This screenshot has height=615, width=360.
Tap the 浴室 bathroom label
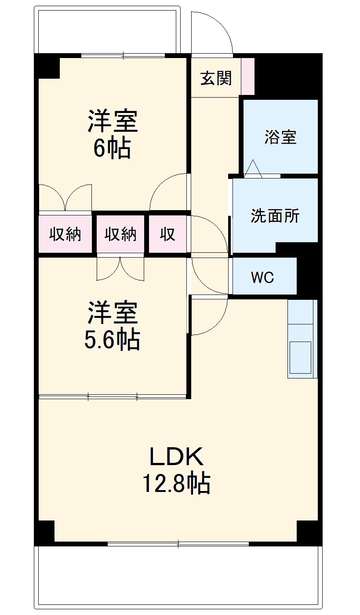[280, 137]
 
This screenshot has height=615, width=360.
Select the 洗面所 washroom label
[275, 216]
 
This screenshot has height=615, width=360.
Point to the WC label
[262, 277]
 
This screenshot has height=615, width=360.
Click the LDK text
[177, 457]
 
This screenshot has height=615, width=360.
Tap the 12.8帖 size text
[175, 483]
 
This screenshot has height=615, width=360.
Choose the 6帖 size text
[112, 149]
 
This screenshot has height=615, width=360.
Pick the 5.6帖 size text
[112, 339]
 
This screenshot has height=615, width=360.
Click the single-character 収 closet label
[167, 234]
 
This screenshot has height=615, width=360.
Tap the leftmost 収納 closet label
[65, 234]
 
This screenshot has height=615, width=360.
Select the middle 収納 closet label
[120, 234]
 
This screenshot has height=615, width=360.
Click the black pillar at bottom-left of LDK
[44, 531]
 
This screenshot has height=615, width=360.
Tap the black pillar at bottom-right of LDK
[309, 531]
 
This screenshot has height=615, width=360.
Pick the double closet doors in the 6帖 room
[65, 197]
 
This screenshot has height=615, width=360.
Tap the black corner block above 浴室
[288, 75]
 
